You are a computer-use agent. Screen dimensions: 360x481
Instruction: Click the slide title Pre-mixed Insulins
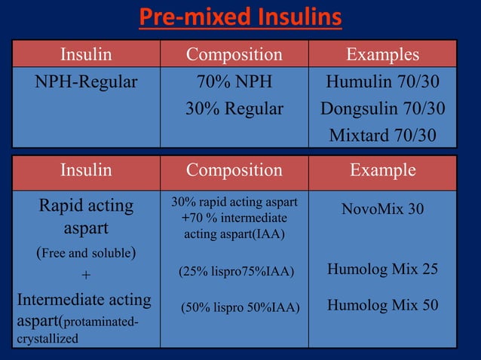(239, 17)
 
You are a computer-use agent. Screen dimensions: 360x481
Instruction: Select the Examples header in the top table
(382, 55)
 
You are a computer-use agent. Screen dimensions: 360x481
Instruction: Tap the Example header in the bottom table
(382, 170)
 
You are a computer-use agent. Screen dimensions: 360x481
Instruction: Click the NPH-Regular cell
(86, 81)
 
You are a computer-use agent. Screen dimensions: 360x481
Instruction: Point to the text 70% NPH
(234, 81)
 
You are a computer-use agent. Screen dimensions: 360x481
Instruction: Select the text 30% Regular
(234, 108)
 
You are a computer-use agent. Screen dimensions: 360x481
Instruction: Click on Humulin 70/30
(382, 81)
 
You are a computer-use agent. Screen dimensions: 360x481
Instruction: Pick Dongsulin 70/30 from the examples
(382, 108)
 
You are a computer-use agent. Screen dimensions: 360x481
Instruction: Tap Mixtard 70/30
(382, 136)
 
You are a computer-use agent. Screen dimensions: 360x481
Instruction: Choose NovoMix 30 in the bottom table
(382, 208)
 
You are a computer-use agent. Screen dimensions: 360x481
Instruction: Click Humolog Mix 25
(382, 269)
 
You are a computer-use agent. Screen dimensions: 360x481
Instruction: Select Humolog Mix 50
(382, 306)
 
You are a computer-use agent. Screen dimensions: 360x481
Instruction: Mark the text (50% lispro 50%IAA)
(240, 307)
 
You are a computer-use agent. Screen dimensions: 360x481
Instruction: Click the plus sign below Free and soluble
(86, 276)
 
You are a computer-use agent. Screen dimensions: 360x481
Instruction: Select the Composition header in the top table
(234, 55)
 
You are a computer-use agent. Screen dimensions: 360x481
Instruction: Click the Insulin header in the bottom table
(86, 170)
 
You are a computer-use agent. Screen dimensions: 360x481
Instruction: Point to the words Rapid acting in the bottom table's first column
(86, 205)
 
